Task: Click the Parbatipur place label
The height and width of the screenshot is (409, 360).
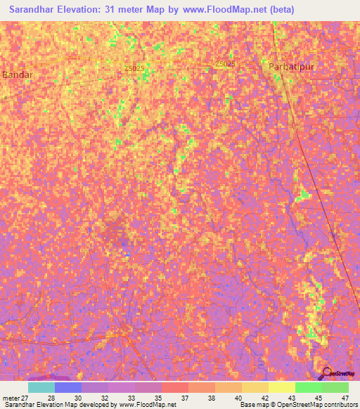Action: click(291, 66)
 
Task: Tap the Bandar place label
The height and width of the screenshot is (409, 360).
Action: click(18, 74)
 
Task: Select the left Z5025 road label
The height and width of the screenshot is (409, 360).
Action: click(134, 67)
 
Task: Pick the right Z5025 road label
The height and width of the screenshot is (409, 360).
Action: click(226, 64)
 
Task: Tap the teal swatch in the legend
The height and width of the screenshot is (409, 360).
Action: click(41, 387)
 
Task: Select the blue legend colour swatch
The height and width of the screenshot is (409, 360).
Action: click(68, 387)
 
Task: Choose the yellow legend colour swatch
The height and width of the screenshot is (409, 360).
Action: click(281, 387)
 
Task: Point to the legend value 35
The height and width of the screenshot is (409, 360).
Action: click(157, 398)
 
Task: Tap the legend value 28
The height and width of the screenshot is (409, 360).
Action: click(51, 398)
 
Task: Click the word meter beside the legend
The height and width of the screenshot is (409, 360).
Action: click(12, 398)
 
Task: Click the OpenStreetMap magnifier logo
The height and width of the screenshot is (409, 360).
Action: click(327, 373)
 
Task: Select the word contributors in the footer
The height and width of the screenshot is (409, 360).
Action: click(338, 405)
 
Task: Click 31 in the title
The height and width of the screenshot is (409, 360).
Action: click(118, 10)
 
